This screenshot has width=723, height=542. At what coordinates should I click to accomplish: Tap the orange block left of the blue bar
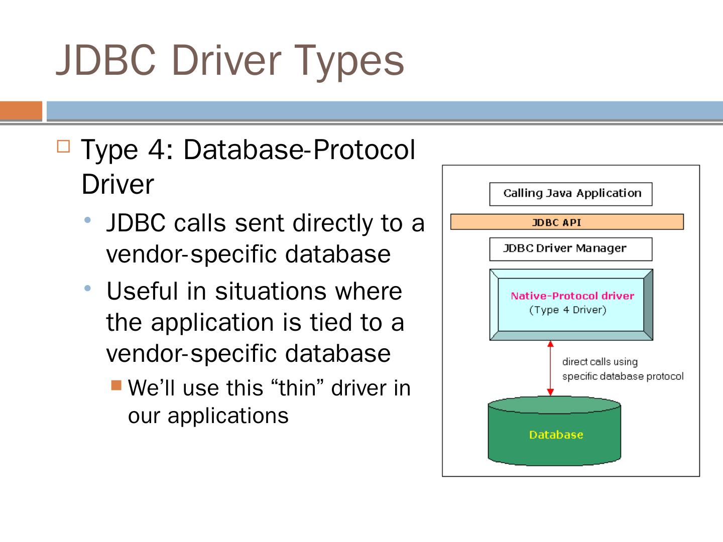[21, 110]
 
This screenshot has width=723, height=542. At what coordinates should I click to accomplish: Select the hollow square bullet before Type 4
[63, 147]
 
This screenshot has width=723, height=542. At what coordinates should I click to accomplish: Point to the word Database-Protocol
[299, 150]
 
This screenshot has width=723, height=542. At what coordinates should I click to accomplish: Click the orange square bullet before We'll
[116, 385]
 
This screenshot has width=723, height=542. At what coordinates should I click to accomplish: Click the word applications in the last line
[228, 416]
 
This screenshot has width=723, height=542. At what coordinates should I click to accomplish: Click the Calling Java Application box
[571, 194]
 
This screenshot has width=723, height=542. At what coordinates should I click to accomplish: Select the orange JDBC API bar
[567, 222]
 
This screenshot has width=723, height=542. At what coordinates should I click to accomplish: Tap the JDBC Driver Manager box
[571, 249]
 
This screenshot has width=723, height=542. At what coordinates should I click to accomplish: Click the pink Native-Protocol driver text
[572, 296]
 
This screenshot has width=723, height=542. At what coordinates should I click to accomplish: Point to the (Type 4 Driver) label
[568, 310]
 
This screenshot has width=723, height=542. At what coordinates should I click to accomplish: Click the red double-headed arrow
[550, 368]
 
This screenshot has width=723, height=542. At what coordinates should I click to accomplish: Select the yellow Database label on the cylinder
[556, 435]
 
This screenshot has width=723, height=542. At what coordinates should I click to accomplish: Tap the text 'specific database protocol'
[623, 376]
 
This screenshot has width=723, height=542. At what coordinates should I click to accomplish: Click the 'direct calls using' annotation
[599, 362]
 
